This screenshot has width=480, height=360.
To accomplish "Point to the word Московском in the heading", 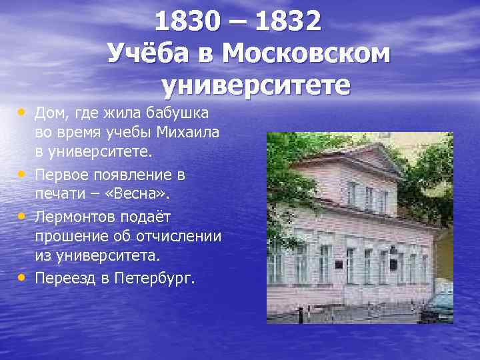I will [x=305, y=53].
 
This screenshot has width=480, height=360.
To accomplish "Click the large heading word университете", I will [x=255, y=85].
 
